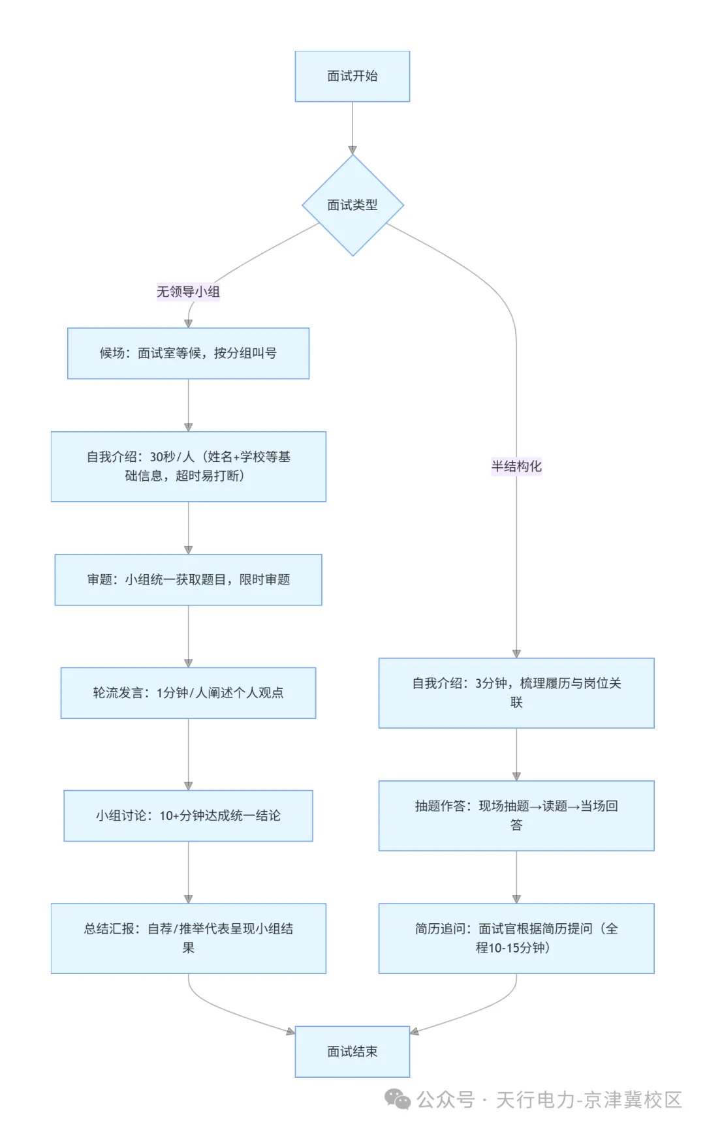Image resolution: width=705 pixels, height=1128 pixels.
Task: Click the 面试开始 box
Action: [352, 76]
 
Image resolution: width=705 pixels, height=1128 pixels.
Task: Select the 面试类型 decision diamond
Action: [352, 205]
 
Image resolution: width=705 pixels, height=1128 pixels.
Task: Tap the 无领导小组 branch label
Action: [188, 292]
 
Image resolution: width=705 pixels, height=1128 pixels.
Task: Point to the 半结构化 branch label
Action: [516, 466]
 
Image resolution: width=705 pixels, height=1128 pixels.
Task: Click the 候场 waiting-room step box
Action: [188, 353]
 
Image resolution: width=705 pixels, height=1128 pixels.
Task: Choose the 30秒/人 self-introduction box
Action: [189, 466]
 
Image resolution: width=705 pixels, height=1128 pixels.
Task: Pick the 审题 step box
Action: [188, 579]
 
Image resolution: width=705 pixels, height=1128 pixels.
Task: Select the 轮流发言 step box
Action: [188, 693]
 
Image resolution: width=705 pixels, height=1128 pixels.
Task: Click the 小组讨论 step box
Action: [188, 816]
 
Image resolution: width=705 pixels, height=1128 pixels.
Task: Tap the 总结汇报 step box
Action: [189, 938]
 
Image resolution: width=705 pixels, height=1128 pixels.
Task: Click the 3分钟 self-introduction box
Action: [516, 693]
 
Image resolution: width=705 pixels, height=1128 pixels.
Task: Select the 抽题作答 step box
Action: [516, 816]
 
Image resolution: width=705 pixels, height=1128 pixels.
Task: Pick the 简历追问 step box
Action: [516, 938]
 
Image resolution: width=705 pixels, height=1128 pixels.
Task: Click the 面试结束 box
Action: [352, 1052]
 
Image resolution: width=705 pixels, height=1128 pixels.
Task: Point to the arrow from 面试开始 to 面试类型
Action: [352, 128]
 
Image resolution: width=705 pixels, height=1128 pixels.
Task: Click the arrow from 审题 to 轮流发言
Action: [188, 636]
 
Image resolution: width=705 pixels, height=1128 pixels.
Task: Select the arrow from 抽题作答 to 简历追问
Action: [516, 877]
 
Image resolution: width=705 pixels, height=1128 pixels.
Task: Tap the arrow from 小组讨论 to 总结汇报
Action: [188, 872]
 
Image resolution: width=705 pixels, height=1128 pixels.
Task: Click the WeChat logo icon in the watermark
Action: [398, 1099]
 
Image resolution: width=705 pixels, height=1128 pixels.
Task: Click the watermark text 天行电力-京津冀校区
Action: [589, 1100]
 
